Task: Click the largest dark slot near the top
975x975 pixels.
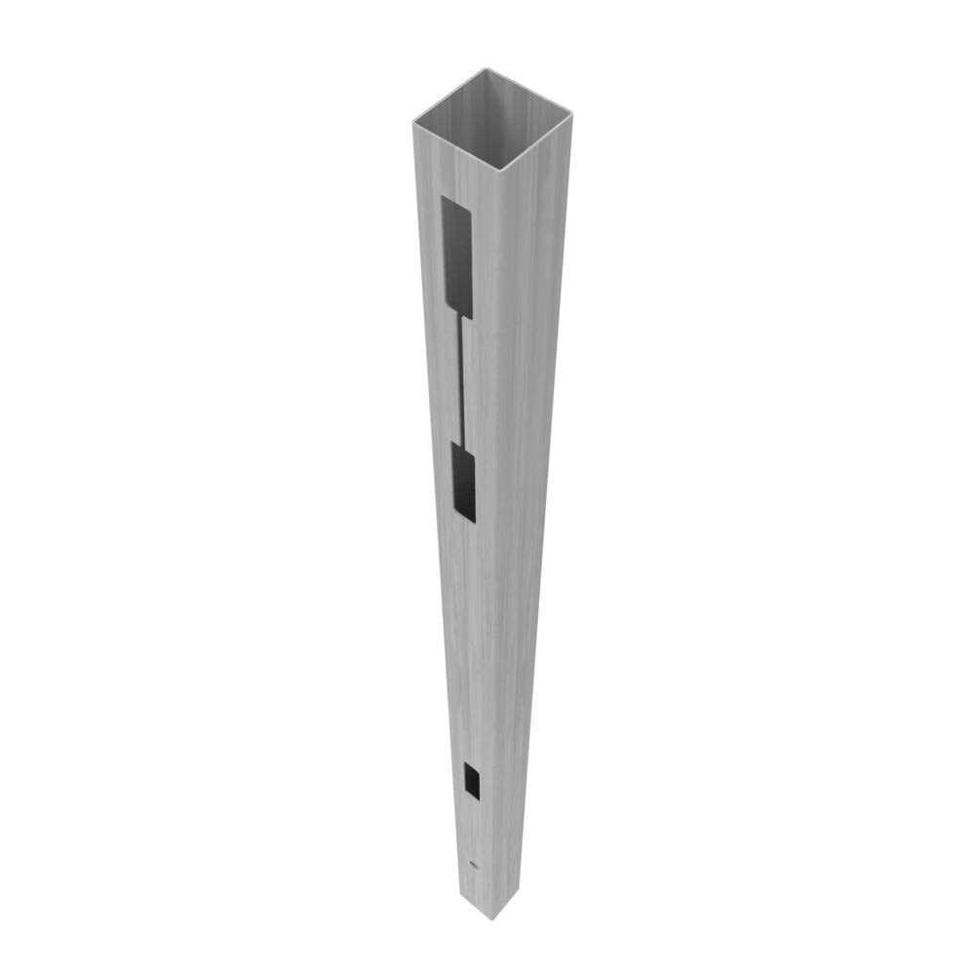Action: (456, 257)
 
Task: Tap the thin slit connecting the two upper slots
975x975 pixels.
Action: (462, 380)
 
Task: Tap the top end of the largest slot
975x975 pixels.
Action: (451, 201)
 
